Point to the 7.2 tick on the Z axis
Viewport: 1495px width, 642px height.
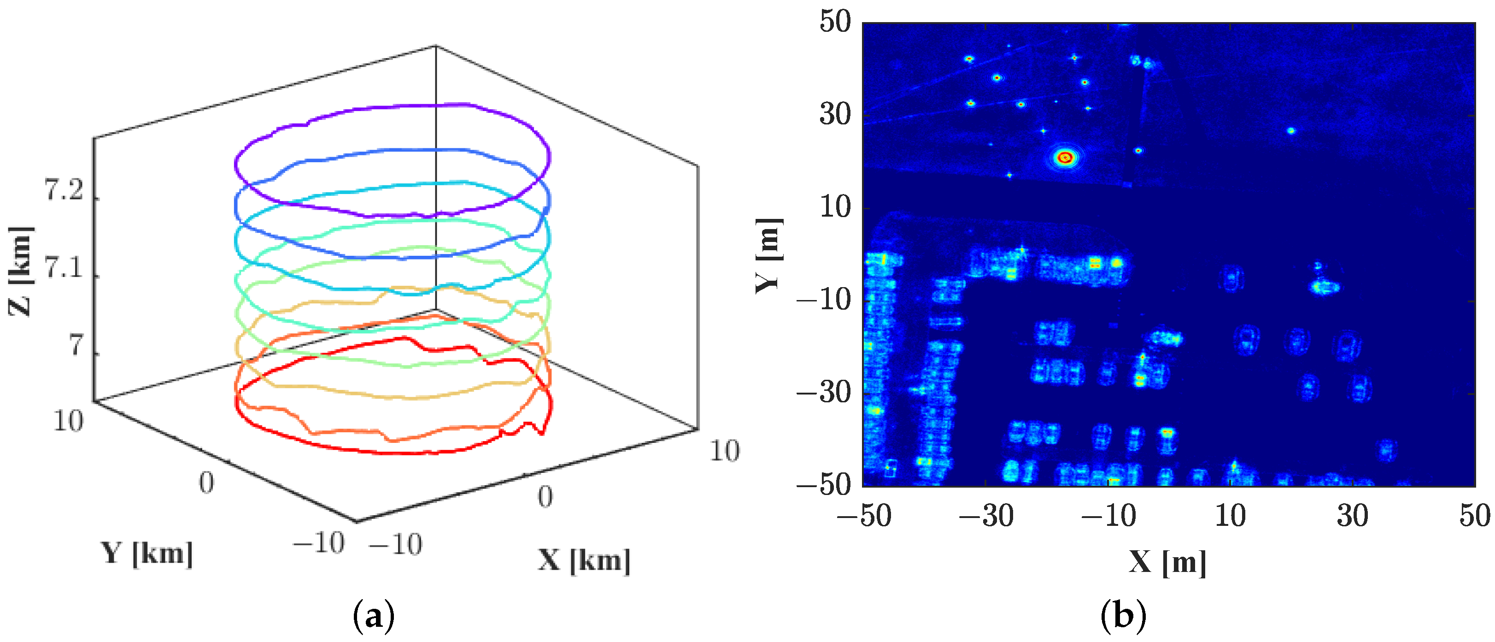click(64, 191)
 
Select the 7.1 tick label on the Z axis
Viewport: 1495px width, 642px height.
click(64, 269)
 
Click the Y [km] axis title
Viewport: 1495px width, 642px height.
click(147, 553)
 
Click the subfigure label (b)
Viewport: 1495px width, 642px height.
click(1123, 616)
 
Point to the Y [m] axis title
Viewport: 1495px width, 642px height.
click(769, 255)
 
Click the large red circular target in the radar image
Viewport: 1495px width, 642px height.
click(1064, 157)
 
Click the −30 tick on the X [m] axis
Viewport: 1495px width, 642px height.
click(986, 515)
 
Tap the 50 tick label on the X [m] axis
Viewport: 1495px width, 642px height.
click(1474, 515)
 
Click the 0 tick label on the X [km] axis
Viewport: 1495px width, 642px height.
click(545, 497)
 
